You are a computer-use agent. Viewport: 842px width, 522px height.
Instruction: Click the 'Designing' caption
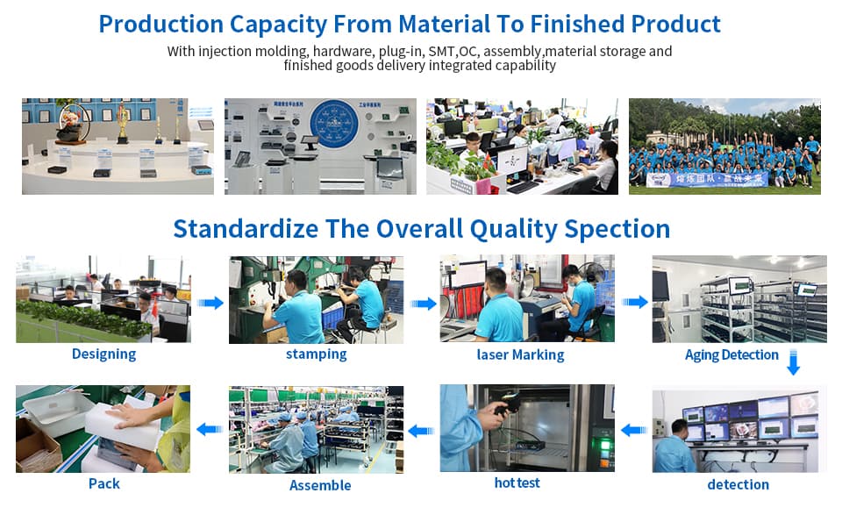(x=103, y=354)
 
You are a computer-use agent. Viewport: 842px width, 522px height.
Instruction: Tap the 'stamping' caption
(x=316, y=354)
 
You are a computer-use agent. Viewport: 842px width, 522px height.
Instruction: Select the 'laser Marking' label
(x=520, y=355)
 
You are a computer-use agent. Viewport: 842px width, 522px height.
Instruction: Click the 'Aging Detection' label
(x=731, y=355)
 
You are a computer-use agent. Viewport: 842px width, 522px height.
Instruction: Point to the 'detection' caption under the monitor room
(x=738, y=484)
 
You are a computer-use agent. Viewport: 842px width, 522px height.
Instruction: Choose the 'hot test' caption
(x=517, y=483)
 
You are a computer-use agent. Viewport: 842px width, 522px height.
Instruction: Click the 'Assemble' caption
(x=320, y=485)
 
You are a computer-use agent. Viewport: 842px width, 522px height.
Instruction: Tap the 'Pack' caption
(x=103, y=483)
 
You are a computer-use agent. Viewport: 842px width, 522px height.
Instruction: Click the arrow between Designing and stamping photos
(x=210, y=303)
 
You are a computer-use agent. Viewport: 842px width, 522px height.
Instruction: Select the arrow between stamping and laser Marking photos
(x=423, y=304)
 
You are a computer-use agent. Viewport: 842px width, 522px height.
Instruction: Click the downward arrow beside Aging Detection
(x=793, y=362)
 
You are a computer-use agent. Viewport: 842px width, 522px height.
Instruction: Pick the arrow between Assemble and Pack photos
(x=209, y=429)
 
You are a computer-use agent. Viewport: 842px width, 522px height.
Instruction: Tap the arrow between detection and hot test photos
(x=633, y=430)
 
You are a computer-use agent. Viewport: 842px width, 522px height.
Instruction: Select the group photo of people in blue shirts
(x=724, y=146)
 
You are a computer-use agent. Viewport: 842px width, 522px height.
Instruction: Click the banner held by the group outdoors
(x=707, y=179)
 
